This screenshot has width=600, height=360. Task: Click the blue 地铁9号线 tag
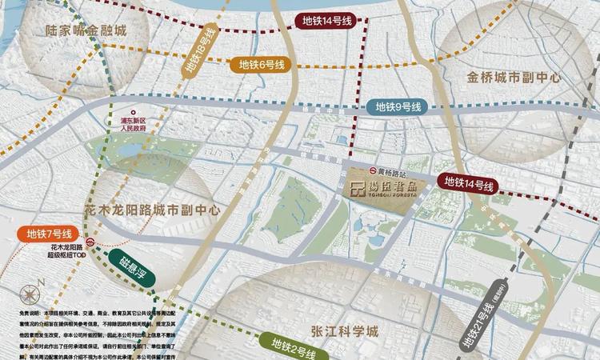(x=398, y=107)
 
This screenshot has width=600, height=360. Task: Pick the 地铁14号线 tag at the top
(x=326, y=22)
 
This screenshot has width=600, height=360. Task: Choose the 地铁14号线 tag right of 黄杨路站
(x=468, y=183)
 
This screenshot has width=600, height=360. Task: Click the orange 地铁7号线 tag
(x=49, y=234)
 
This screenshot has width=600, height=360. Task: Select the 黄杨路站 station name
(x=394, y=171)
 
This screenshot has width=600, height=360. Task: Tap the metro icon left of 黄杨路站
(x=374, y=171)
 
